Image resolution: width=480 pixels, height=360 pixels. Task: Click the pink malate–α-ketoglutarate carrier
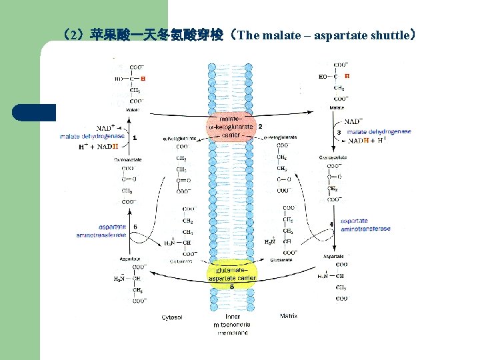[231, 127]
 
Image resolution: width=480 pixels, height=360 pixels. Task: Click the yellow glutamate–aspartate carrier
[231, 273]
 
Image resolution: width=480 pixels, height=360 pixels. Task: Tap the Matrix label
[289, 315]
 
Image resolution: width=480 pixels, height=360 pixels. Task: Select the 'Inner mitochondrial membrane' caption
[231, 324]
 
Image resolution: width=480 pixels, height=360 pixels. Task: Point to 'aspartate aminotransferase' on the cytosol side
[101, 231]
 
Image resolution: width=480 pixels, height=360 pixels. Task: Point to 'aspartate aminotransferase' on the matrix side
[365, 225]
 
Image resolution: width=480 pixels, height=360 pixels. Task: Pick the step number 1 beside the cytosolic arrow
[135, 138]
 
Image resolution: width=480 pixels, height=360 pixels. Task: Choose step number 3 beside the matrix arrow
[339, 133]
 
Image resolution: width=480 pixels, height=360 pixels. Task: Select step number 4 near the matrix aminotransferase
[331, 224]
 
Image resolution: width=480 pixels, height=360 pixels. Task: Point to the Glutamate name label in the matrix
[281, 260]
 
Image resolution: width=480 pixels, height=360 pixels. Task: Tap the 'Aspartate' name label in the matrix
[333, 256]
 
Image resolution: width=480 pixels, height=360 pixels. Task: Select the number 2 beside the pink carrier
[259, 125]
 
